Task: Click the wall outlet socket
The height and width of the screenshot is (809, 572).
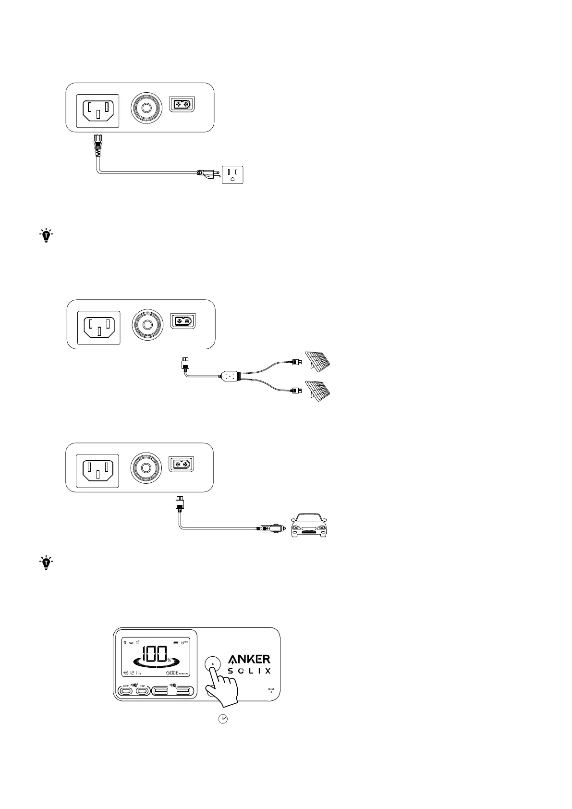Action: click(x=232, y=174)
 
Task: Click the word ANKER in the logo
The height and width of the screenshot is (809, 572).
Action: click(x=249, y=659)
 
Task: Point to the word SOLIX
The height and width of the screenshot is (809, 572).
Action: click(x=249, y=671)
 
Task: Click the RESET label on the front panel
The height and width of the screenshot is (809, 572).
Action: click(x=271, y=689)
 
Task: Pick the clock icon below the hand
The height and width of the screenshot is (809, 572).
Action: click(x=223, y=719)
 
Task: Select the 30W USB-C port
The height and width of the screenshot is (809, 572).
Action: click(x=142, y=691)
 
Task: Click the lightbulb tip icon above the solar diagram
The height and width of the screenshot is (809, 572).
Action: click(x=46, y=235)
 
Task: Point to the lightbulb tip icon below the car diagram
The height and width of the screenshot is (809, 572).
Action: click(x=46, y=563)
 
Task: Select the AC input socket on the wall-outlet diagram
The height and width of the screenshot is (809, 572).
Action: click(x=98, y=111)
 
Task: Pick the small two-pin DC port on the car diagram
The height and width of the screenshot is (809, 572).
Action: click(x=182, y=465)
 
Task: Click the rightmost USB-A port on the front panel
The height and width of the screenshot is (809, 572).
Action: click(x=183, y=691)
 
